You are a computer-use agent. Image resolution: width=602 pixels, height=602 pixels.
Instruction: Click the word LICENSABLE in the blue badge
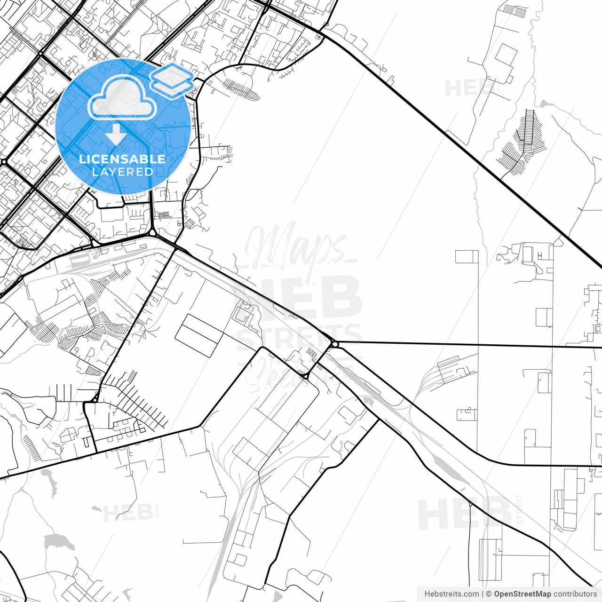point(122,159)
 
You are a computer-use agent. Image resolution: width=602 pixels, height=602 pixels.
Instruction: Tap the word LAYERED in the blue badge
point(122,172)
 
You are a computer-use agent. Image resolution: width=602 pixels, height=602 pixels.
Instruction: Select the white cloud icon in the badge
point(122,97)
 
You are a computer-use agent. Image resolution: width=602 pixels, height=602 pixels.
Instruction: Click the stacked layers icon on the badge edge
point(172,80)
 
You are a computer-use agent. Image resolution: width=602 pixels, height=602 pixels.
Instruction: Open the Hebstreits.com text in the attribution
point(451,594)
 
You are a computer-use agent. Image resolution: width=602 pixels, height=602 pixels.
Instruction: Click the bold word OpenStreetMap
point(523,594)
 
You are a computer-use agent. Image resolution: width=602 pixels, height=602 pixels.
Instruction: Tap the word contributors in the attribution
point(575,594)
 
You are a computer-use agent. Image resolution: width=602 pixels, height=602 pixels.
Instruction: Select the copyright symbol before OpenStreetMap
point(489,594)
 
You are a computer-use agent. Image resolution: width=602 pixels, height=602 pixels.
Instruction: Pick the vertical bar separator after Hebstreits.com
point(483,594)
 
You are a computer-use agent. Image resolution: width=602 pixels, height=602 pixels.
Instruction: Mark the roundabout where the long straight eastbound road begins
point(334,344)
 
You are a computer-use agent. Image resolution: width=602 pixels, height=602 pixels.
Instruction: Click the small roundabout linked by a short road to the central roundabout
point(306,376)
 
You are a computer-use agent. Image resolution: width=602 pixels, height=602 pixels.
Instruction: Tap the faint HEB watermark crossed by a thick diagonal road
point(463,513)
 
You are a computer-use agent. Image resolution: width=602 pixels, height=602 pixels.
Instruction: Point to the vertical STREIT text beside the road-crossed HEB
point(519,509)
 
